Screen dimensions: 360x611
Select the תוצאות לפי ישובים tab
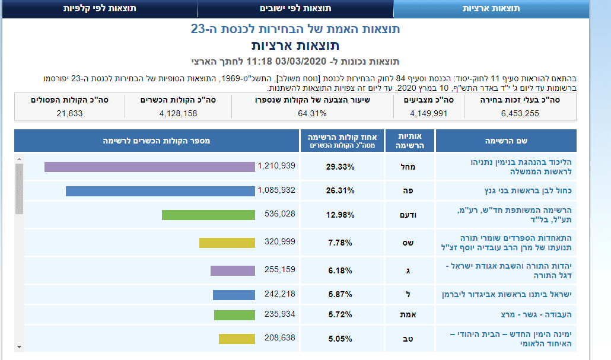click(x=295, y=9)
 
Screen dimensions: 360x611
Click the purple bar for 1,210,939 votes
click(x=149, y=167)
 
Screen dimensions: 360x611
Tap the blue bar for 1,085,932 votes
click(x=160, y=191)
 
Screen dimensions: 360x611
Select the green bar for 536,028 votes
click(x=208, y=214)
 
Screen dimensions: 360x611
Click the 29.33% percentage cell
click(x=340, y=167)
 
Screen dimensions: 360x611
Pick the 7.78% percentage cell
click(x=340, y=243)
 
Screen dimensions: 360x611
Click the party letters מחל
click(x=409, y=167)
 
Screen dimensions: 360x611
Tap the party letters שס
click(x=409, y=243)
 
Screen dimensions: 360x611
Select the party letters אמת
click(x=409, y=315)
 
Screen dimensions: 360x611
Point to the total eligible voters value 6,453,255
click(x=520, y=113)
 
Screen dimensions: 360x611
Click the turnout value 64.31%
click(x=312, y=113)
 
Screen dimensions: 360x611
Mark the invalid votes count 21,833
click(x=69, y=113)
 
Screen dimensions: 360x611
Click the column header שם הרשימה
click(x=506, y=141)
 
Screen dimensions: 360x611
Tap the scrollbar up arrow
click(x=19, y=159)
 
